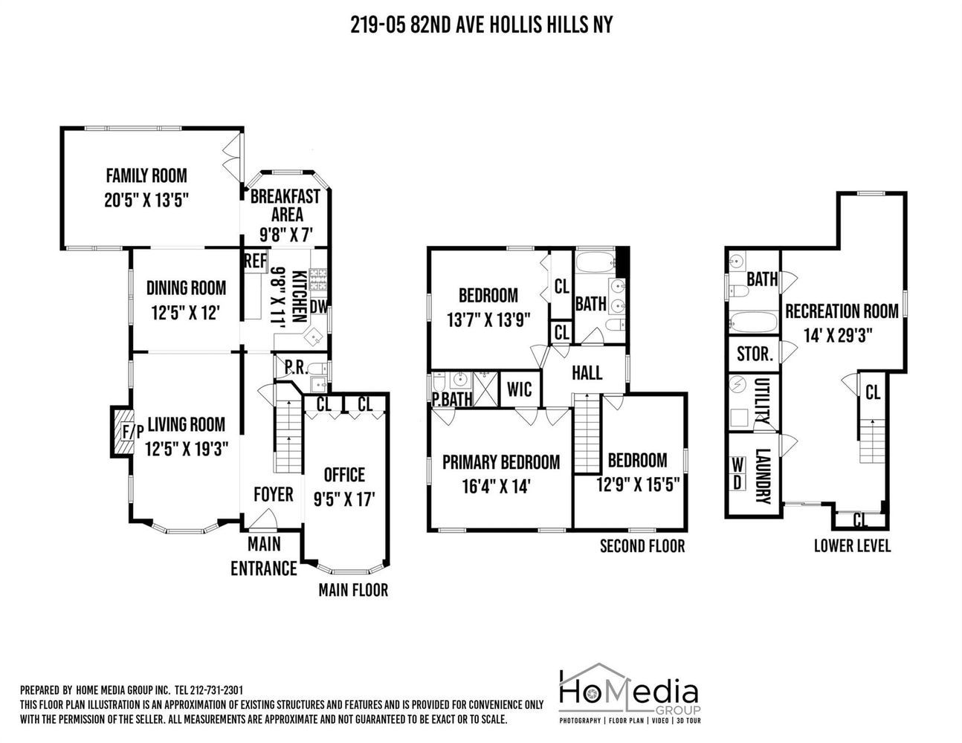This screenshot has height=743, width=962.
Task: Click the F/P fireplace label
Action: [133, 432]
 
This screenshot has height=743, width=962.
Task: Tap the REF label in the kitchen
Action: [256, 261]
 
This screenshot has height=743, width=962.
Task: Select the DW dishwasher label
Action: [318, 306]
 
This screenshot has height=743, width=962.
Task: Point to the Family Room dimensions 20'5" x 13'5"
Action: [146, 201]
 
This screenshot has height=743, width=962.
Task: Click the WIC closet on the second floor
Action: [520, 389]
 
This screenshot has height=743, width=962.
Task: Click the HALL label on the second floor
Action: [587, 373]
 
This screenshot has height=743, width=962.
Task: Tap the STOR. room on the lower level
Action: [755, 354]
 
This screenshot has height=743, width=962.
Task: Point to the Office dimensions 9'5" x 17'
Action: [344, 500]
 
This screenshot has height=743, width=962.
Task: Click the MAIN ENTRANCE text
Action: [264, 557]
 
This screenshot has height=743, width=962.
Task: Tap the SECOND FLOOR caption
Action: [642, 546]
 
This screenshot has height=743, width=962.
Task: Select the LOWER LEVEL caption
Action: [852, 546]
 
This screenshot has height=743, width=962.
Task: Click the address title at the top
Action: [482, 25]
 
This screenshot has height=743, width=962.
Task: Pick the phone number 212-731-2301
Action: [216, 690]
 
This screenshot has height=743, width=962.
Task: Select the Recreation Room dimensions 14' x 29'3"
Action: [838, 336]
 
